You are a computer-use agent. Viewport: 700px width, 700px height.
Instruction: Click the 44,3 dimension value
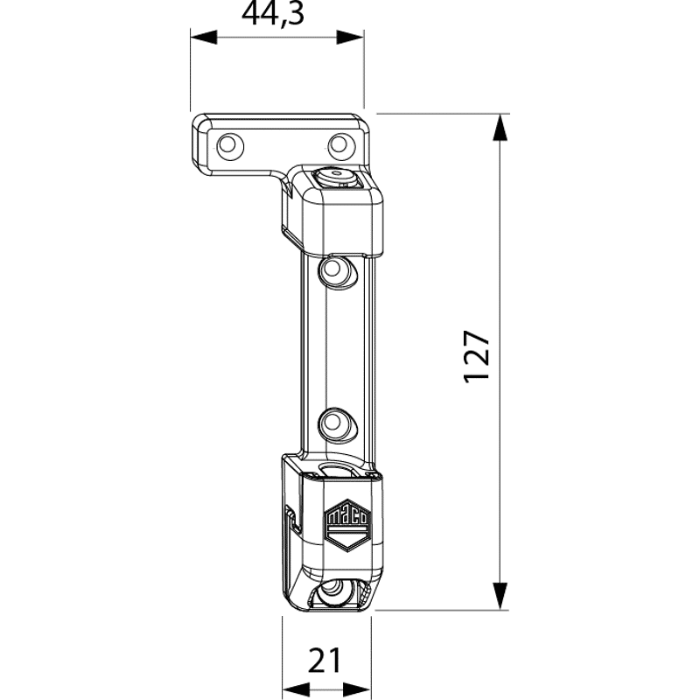tap(273, 14)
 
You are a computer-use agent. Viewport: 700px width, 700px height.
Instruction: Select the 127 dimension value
tap(477, 357)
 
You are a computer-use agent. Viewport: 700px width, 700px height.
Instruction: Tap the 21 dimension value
tap(325, 661)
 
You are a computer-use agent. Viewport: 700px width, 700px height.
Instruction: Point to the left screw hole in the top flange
tap(229, 144)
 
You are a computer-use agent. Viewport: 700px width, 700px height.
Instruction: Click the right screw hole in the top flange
tap(339, 144)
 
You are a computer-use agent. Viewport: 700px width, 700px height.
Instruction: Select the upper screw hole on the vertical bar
tap(335, 269)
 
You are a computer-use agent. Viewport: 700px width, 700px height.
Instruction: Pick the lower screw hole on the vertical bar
tap(335, 423)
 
